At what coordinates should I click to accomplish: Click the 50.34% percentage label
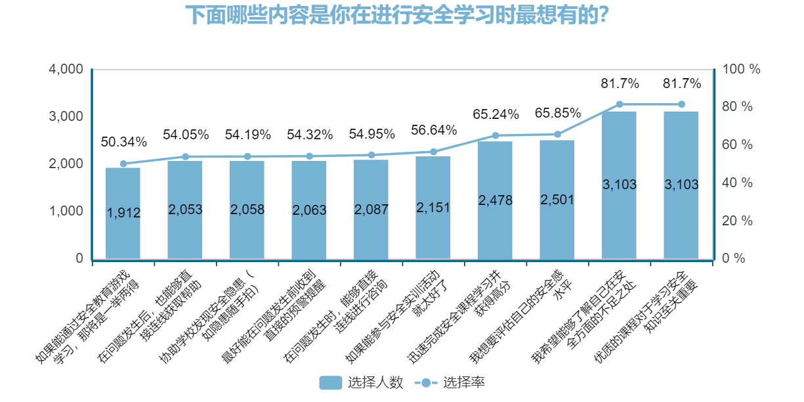point(123,142)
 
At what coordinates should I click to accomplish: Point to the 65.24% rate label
point(495,114)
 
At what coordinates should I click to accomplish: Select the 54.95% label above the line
point(371,134)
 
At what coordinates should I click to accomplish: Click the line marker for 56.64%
point(433,152)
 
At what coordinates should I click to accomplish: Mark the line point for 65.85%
point(557,134)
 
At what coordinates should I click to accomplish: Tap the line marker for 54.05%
point(185,156)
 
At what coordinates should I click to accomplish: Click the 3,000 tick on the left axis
point(68,116)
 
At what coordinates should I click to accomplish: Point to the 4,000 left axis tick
point(68,69)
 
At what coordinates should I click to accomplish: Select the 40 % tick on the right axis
point(737,183)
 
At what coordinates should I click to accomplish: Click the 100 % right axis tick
point(741,69)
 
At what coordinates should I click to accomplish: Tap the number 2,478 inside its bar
point(495,200)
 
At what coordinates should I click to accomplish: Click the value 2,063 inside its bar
point(308,210)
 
